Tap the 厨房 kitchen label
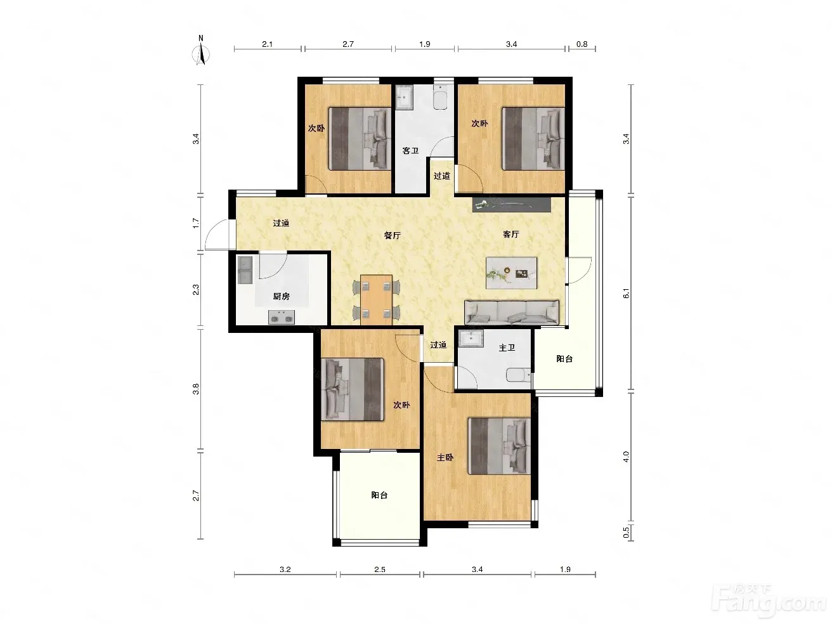click(282, 296)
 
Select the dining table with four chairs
click(377, 299)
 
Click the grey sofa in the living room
click(512, 312)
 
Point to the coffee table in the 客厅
click(511, 273)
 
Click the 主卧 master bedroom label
click(445, 457)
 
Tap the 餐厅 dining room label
click(393, 235)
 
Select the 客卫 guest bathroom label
click(410, 151)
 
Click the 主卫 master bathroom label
click(507, 348)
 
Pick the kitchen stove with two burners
click(282, 317)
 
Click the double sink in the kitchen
click(245, 270)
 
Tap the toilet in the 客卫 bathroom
click(440, 97)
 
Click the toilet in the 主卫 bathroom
click(519, 375)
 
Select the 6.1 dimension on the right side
click(626, 293)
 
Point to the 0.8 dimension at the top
click(582, 44)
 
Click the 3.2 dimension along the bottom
click(285, 569)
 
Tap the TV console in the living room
click(511, 205)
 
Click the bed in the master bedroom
click(499, 446)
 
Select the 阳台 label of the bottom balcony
click(379, 495)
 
